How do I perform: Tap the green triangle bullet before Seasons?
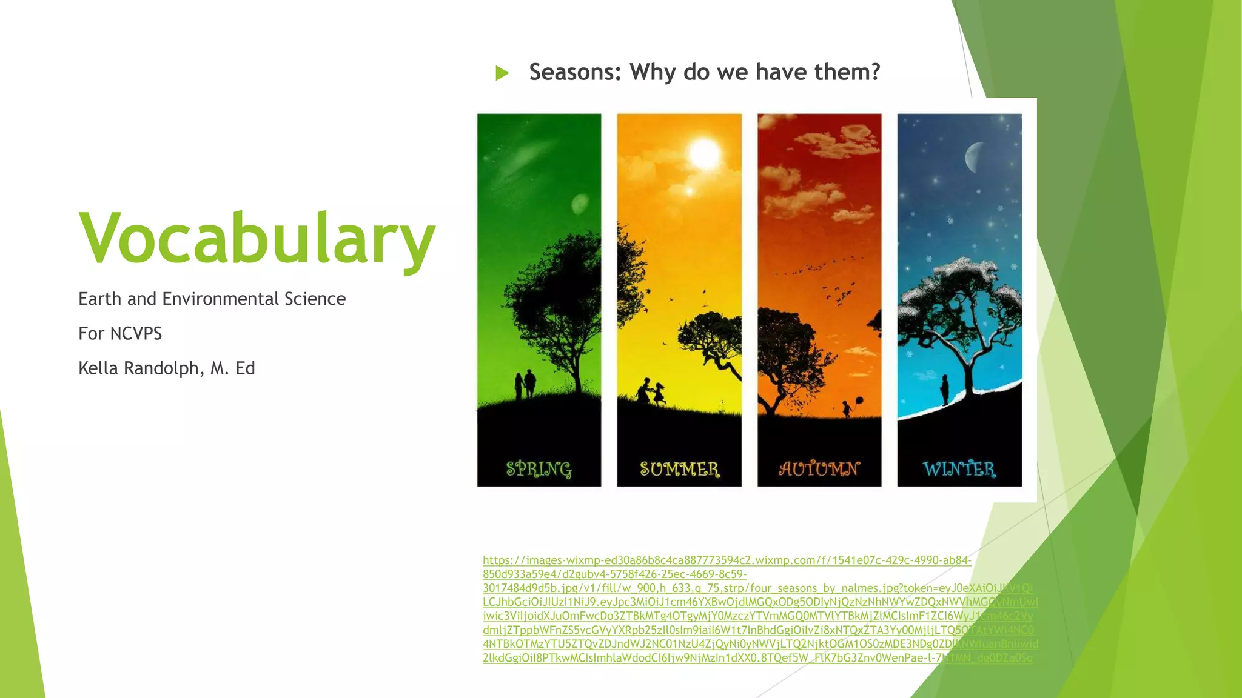click(502, 73)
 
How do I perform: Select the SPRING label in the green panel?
click(539, 469)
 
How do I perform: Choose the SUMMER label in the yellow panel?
click(679, 469)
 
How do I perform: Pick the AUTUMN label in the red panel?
click(819, 469)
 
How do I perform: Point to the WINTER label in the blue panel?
click(959, 469)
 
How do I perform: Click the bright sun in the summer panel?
click(704, 153)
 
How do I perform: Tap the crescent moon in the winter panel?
click(974, 157)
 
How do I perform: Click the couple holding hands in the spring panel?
click(525, 384)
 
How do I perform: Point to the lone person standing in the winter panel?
click(944, 389)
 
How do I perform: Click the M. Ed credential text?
click(232, 368)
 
